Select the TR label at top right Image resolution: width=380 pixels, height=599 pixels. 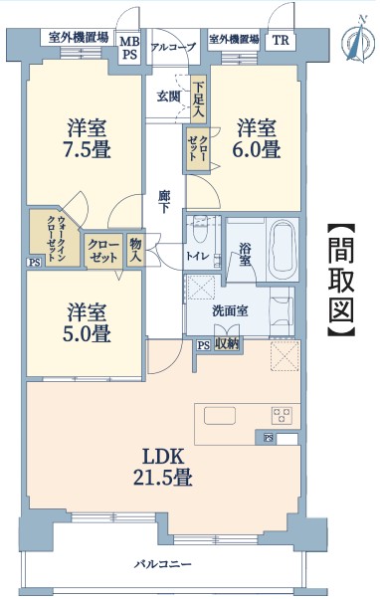tap(281, 40)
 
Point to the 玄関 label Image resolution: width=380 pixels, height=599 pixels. tap(168, 97)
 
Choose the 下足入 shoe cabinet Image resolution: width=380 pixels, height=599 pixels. tap(199, 100)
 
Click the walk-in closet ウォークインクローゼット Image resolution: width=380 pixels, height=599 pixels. tap(56, 238)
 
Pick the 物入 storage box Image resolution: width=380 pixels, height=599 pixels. tap(135, 250)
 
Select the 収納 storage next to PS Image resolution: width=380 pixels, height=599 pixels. tap(227, 345)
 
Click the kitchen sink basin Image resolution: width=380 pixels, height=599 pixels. tap(220, 416)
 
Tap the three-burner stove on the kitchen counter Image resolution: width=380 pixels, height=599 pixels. tap(282, 415)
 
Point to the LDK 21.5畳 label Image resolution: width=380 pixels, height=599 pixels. tap(163, 467)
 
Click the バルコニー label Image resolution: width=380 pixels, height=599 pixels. tap(163, 564)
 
